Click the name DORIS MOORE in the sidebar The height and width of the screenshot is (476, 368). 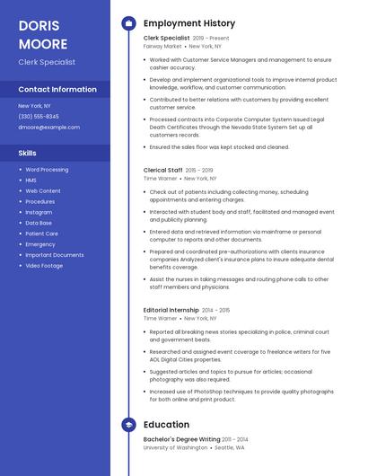[43, 34]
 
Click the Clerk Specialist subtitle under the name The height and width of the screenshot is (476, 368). [47, 62]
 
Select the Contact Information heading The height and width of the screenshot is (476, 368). [57, 90]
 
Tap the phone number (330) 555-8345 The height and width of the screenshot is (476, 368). [39, 116]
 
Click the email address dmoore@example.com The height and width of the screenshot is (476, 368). [48, 128]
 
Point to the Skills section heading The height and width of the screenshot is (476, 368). [28, 154]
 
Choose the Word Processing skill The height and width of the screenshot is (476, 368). [47, 170]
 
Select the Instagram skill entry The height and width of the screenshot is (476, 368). [39, 212]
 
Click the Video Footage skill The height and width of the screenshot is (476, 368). [44, 266]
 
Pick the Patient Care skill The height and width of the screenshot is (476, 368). [41, 234]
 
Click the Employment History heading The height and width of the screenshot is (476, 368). [189, 23]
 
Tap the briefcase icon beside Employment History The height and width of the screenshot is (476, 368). [128, 23]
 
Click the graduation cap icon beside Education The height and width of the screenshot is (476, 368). [128, 425]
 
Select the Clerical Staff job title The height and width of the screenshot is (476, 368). [163, 170]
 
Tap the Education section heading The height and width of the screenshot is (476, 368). [166, 425]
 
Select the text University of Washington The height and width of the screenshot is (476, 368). [176, 447]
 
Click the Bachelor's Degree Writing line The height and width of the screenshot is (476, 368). [181, 439]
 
